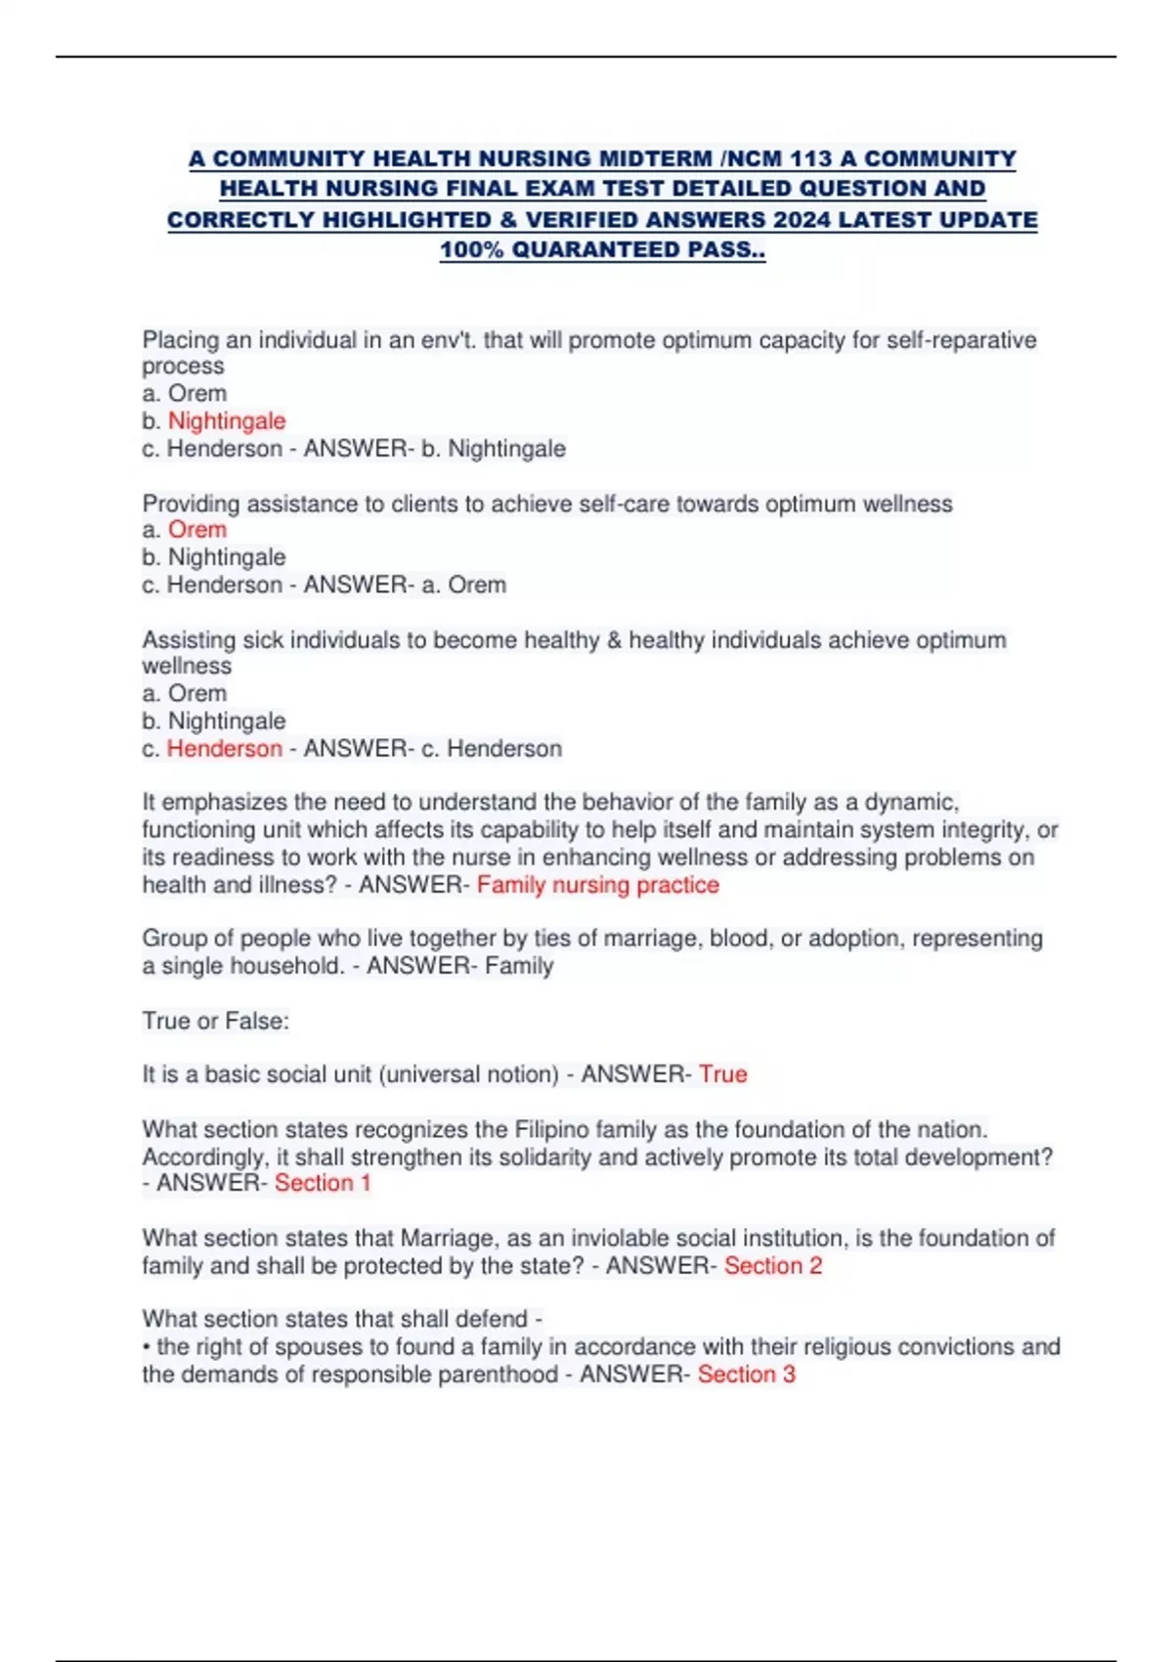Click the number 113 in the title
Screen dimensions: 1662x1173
point(809,158)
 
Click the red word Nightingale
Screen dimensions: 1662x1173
point(227,421)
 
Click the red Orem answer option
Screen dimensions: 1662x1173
point(197,530)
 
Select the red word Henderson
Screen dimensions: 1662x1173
point(225,749)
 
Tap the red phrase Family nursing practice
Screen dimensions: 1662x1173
point(597,885)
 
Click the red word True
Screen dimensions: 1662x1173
point(723,1074)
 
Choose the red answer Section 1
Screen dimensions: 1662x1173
point(323,1183)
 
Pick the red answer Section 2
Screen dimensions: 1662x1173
point(773,1266)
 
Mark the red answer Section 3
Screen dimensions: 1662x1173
point(747,1375)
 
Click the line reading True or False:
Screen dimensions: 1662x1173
point(216,1022)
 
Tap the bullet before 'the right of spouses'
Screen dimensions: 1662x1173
point(147,1347)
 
